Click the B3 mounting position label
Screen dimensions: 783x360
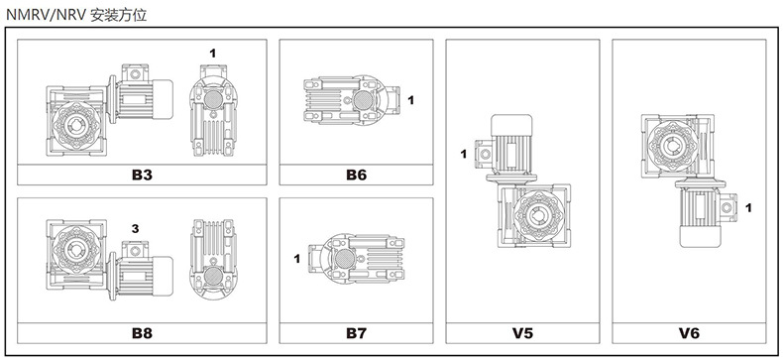[x=142, y=175]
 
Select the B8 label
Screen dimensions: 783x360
[x=142, y=333]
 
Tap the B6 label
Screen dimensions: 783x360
[x=356, y=175]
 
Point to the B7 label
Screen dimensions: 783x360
[x=356, y=333]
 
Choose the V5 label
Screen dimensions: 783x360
[x=522, y=333]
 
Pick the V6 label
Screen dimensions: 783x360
[x=689, y=333]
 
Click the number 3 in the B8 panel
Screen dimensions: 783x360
[x=135, y=229]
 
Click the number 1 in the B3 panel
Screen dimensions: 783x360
[x=213, y=53]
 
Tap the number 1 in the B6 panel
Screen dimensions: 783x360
[x=411, y=100]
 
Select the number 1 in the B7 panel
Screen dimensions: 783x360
[x=297, y=259]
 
